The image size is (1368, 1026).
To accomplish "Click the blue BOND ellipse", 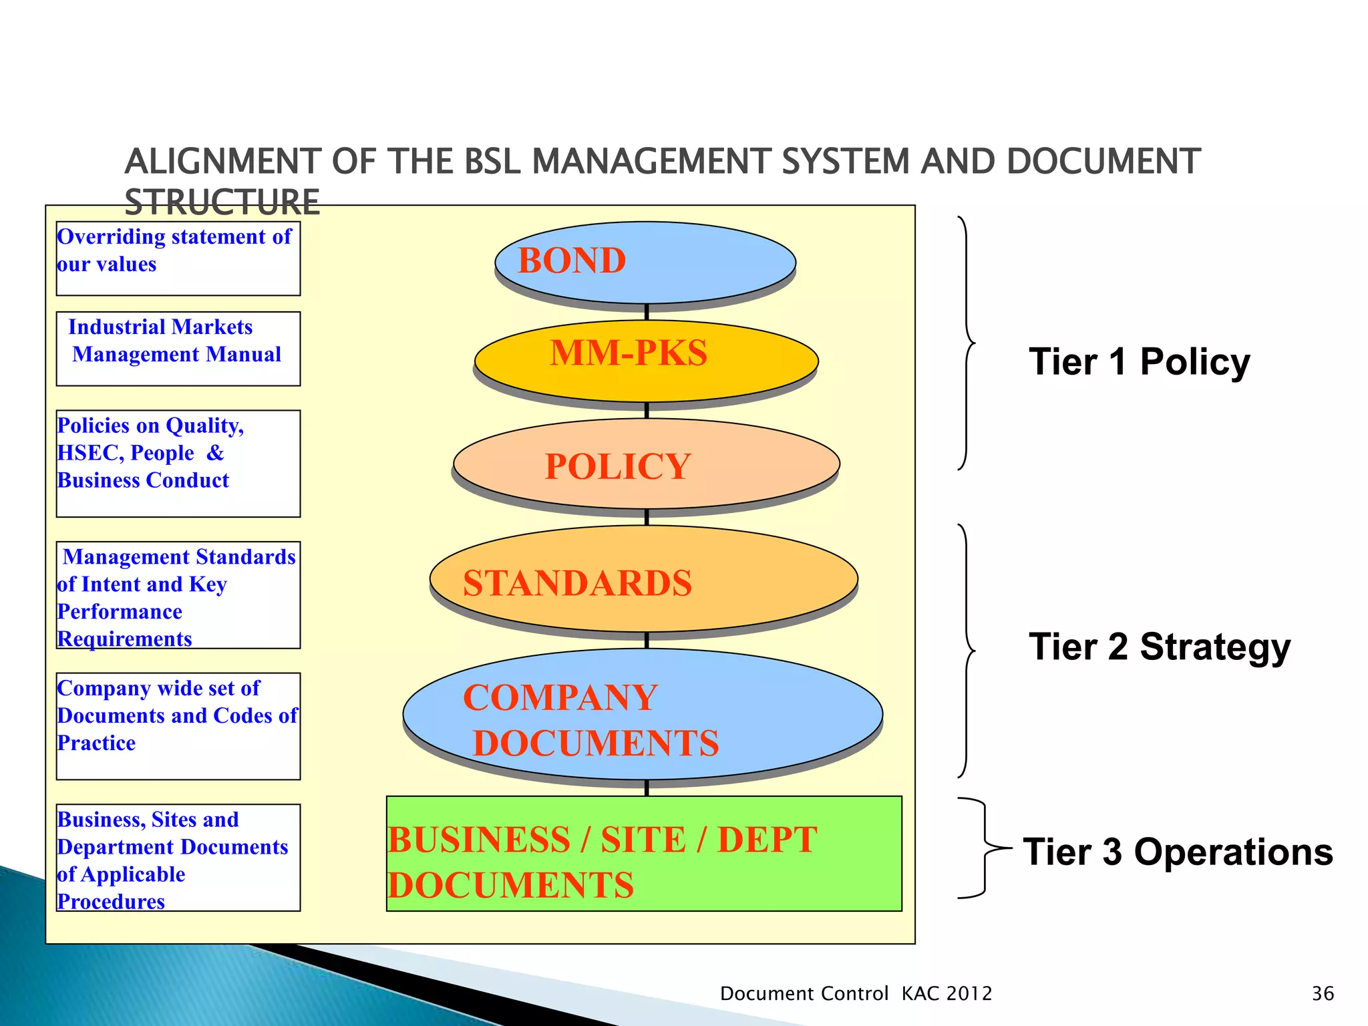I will (645, 262).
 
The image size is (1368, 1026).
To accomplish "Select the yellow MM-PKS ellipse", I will (646, 361).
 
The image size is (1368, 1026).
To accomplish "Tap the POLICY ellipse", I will (646, 464).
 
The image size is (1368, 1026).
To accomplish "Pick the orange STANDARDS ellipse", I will (644, 579).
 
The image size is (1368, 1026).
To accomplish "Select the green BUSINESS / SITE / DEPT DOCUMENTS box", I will (644, 854).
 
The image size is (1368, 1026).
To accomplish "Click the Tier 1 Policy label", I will (1139, 362).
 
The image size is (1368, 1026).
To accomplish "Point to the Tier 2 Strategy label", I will (1159, 647).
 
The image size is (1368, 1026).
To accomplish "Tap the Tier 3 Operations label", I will (1178, 852).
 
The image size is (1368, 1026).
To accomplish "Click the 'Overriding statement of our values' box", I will (178, 259).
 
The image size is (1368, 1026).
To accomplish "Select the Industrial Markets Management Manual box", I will (178, 349).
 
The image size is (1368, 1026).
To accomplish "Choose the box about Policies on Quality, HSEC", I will (178, 464).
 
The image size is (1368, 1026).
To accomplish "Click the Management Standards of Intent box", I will (178, 595).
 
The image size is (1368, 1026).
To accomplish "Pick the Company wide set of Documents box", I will (178, 726).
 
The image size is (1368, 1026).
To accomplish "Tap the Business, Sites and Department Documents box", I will (178, 858).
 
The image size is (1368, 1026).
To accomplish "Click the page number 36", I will (1323, 994).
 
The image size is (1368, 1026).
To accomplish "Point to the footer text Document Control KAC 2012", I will (856, 994).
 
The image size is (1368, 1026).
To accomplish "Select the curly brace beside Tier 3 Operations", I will (982, 848).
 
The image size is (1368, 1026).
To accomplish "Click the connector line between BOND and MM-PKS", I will (647, 312).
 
